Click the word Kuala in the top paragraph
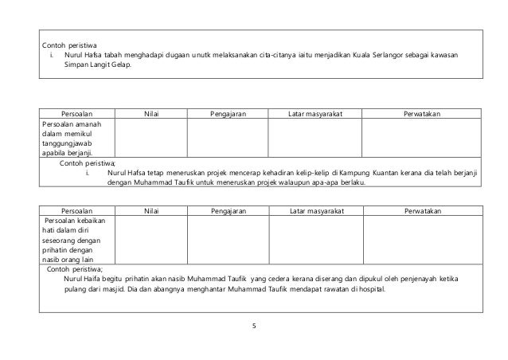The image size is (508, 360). coord(371,55)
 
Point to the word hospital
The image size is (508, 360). coord(365,289)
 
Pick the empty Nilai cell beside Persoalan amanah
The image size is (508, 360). coord(150,138)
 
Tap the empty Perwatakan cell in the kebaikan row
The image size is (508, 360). coord(423,238)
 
